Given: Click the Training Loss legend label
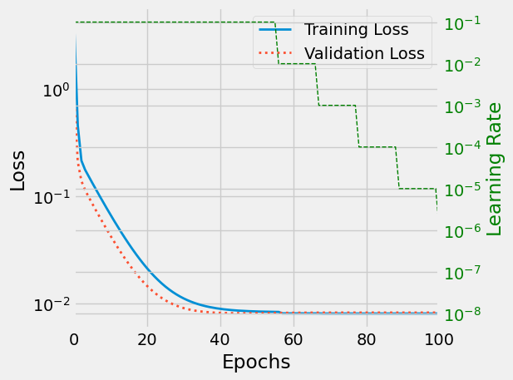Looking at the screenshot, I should click(356, 30).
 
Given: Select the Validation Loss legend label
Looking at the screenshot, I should click(364, 54).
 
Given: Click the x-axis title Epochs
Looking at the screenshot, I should click(256, 363).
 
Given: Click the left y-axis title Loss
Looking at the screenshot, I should click(18, 170).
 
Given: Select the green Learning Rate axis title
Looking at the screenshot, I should click(496, 169).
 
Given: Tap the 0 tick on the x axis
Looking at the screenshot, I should click(75, 339).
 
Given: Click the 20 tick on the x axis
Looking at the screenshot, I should click(147, 339).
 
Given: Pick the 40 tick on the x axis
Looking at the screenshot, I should click(220, 339).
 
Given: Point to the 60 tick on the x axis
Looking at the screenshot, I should click(293, 339).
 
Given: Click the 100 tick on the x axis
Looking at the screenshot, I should click(438, 339).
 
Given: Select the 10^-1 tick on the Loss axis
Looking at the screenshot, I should click(50, 198).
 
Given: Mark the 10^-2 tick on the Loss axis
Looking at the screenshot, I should click(50, 305).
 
